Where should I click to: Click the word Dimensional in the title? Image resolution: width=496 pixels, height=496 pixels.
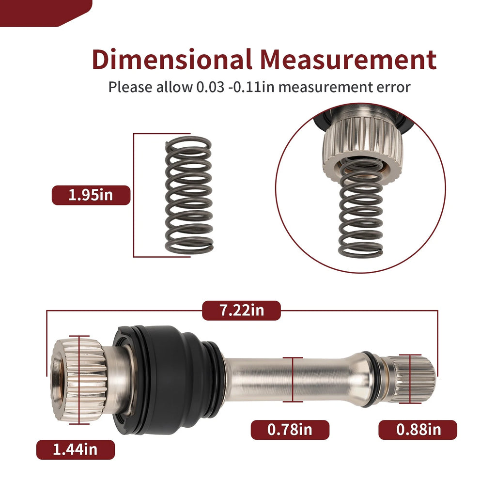[x=172, y=59]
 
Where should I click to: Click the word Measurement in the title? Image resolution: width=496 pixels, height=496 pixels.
[x=348, y=59]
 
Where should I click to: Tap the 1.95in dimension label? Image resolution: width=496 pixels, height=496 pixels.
[x=91, y=195]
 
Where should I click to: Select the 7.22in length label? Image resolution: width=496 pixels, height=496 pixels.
[x=241, y=310]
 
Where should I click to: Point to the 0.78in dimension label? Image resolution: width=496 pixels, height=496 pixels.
[x=290, y=430]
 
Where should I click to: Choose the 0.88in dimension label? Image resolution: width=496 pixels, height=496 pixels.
[x=418, y=430]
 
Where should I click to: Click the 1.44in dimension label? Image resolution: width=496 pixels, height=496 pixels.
[x=76, y=449]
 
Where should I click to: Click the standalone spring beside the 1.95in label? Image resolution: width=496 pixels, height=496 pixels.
[x=189, y=195]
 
